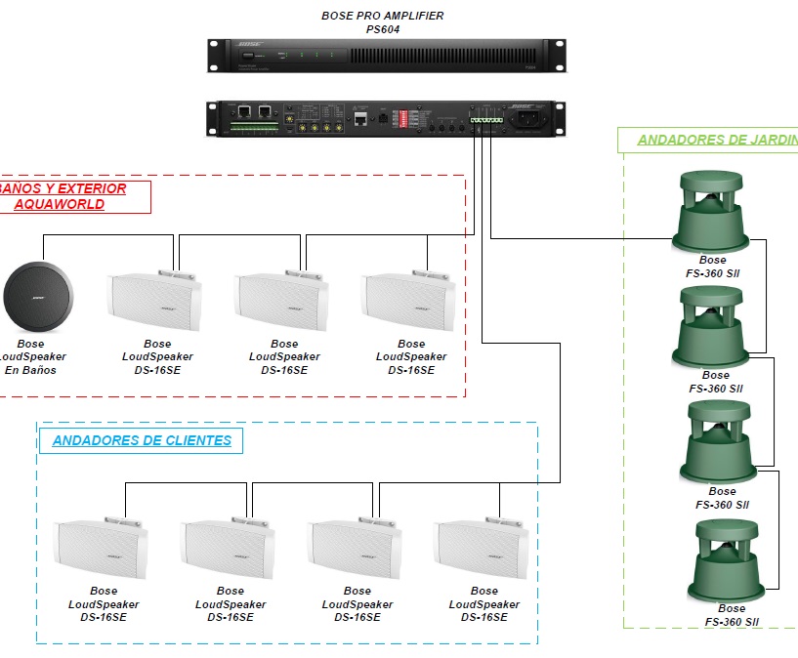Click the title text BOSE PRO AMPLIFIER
(383, 16)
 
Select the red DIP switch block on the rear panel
(399, 118)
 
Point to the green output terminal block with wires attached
(484, 119)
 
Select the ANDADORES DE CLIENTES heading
(142, 440)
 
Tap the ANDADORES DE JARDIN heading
(717, 140)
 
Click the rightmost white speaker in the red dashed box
(408, 304)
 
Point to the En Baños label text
(30, 371)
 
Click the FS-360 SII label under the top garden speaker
(713, 274)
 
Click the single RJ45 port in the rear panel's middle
(361, 119)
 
